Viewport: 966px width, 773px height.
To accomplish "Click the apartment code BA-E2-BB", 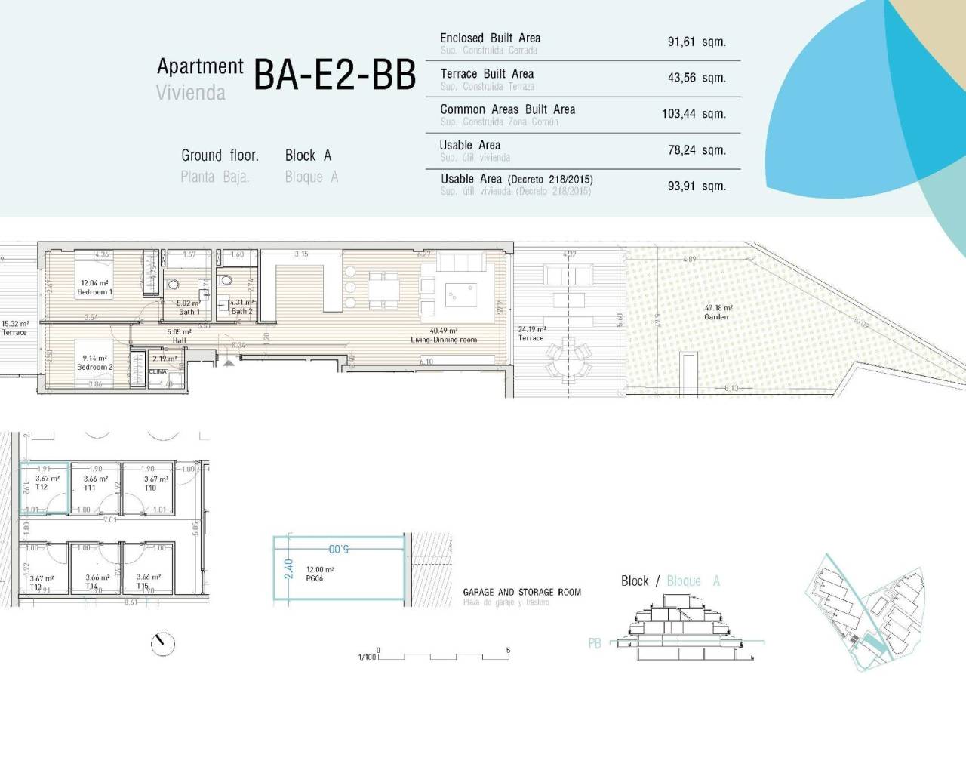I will [x=334, y=75].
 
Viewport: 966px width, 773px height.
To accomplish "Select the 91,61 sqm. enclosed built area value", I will [x=696, y=42].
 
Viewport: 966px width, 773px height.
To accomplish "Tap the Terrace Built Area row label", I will [x=487, y=74].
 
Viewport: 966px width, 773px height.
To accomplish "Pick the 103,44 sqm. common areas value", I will [x=694, y=114].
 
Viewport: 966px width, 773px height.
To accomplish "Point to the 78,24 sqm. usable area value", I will [x=696, y=150].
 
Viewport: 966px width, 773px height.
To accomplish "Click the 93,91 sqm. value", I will [x=696, y=186].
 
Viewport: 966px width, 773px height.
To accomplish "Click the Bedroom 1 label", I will [x=94, y=292].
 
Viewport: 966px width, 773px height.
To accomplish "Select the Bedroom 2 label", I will [x=94, y=367].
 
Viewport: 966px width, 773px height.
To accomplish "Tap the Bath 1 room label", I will [x=189, y=311].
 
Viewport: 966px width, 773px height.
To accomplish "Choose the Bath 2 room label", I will [x=241, y=311].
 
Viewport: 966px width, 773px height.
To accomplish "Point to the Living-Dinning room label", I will [x=444, y=340].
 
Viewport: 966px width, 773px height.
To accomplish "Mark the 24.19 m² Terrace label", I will [x=531, y=334].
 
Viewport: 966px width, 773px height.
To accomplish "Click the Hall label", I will [x=179, y=340].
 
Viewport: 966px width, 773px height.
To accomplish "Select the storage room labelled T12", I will [x=42, y=488].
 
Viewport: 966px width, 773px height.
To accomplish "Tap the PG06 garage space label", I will [x=315, y=578].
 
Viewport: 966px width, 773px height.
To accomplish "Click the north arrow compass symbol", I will [x=162, y=644].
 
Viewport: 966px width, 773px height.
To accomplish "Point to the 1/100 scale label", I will [x=367, y=658].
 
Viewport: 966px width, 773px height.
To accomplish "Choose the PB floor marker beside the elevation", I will [x=595, y=644].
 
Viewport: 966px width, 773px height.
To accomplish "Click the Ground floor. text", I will [x=220, y=156].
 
